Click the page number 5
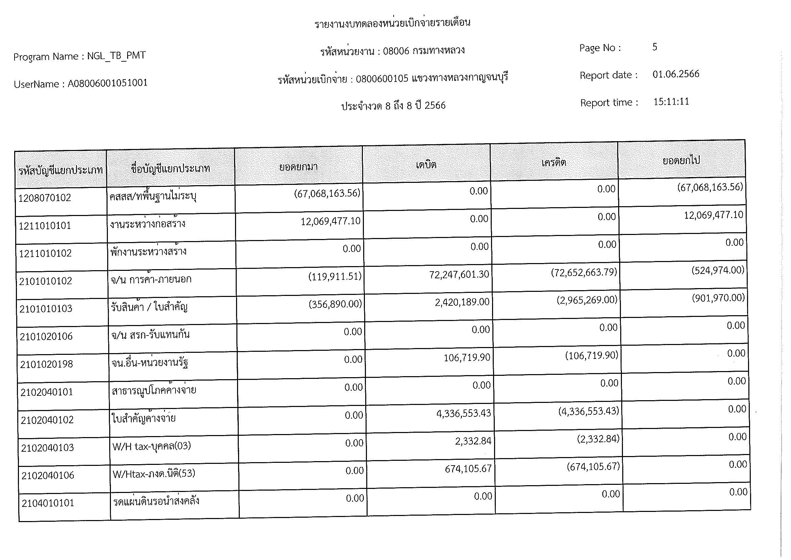(x=655, y=47)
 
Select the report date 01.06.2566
(x=676, y=74)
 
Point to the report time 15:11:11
(x=671, y=102)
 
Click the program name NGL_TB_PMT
(x=116, y=56)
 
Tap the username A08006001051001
(x=108, y=83)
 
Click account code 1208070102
(x=44, y=198)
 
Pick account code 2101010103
(x=46, y=309)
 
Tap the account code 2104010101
(x=48, y=503)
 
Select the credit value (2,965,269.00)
(x=587, y=300)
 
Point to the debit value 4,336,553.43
(x=463, y=413)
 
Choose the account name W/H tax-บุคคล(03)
(x=152, y=446)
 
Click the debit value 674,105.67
(x=468, y=469)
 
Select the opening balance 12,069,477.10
(x=330, y=221)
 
